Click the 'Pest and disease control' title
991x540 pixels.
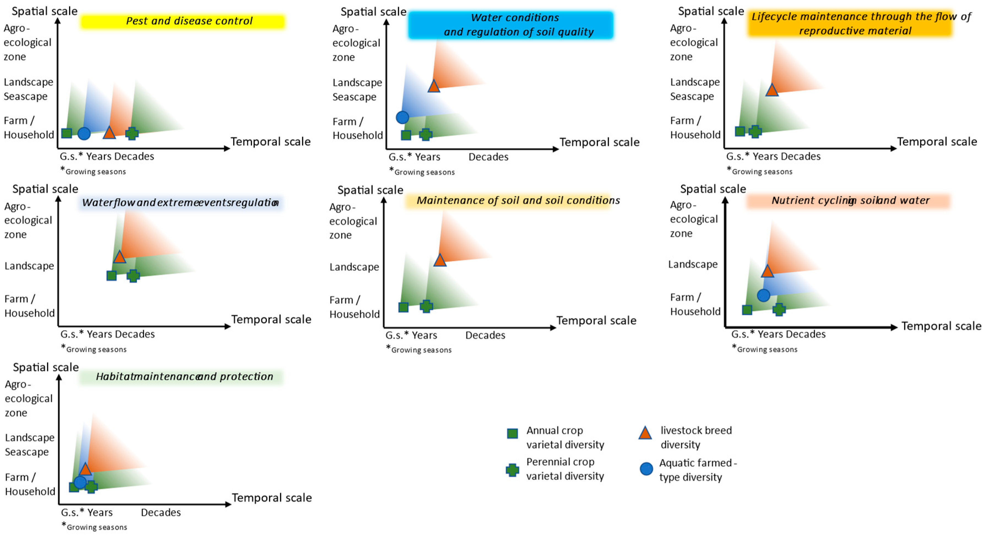(189, 21)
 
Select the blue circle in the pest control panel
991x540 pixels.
(84, 133)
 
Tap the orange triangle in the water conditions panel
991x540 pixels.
(434, 86)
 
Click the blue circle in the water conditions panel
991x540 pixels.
(402, 117)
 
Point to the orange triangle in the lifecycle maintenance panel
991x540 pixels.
(772, 90)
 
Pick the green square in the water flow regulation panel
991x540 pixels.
(111, 276)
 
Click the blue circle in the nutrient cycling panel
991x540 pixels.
(763, 295)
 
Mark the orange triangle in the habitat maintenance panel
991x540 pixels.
(85, 469)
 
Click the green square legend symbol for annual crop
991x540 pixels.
(512, 434)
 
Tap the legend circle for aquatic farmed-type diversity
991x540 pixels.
(646, 469)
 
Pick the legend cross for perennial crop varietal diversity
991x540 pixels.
(512, 470)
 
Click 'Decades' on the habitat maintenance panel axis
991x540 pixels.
(161, 512)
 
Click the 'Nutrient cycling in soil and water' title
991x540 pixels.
(850, 200)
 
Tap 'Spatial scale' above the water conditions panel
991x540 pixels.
(373, 12)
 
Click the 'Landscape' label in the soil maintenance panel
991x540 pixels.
(354, 267)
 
